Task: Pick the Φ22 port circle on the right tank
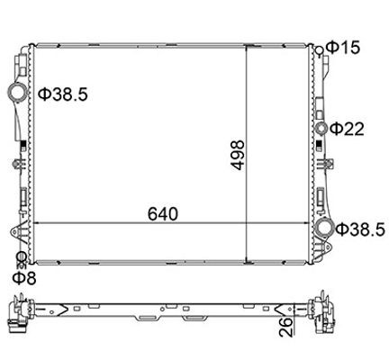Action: click(x=321, y=130)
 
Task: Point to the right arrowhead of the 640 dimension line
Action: click(x=309, y=223)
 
